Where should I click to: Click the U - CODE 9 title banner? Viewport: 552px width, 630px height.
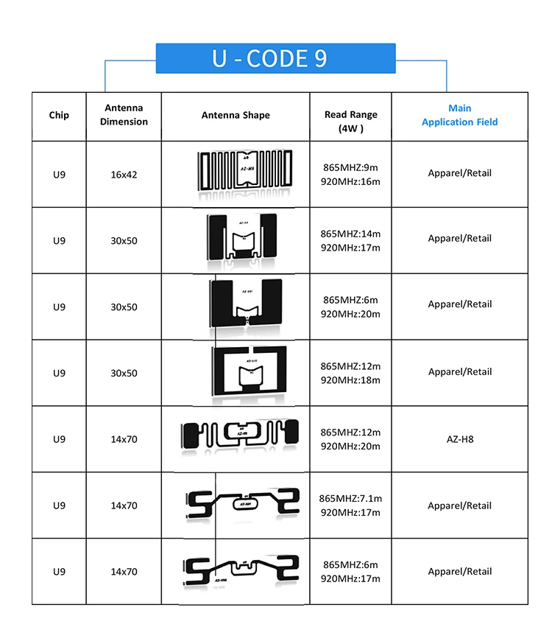275,58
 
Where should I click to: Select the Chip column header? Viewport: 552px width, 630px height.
59,115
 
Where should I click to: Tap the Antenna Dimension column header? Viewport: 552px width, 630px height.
124,115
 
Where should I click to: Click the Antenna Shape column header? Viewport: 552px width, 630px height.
236,115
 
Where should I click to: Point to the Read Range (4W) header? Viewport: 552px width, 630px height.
351,122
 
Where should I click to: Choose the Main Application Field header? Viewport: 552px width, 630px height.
459,115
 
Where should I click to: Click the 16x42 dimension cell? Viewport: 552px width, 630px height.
124,175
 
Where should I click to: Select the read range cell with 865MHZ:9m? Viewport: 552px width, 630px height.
351,174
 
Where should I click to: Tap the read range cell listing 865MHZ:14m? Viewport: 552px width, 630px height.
351,240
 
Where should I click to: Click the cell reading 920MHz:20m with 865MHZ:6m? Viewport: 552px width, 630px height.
351,307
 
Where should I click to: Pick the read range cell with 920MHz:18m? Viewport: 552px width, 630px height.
351,373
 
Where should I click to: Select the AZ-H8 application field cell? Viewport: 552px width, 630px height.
460,439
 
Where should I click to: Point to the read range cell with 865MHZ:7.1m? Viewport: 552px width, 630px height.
351,505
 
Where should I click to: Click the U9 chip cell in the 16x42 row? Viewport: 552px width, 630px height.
59,175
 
